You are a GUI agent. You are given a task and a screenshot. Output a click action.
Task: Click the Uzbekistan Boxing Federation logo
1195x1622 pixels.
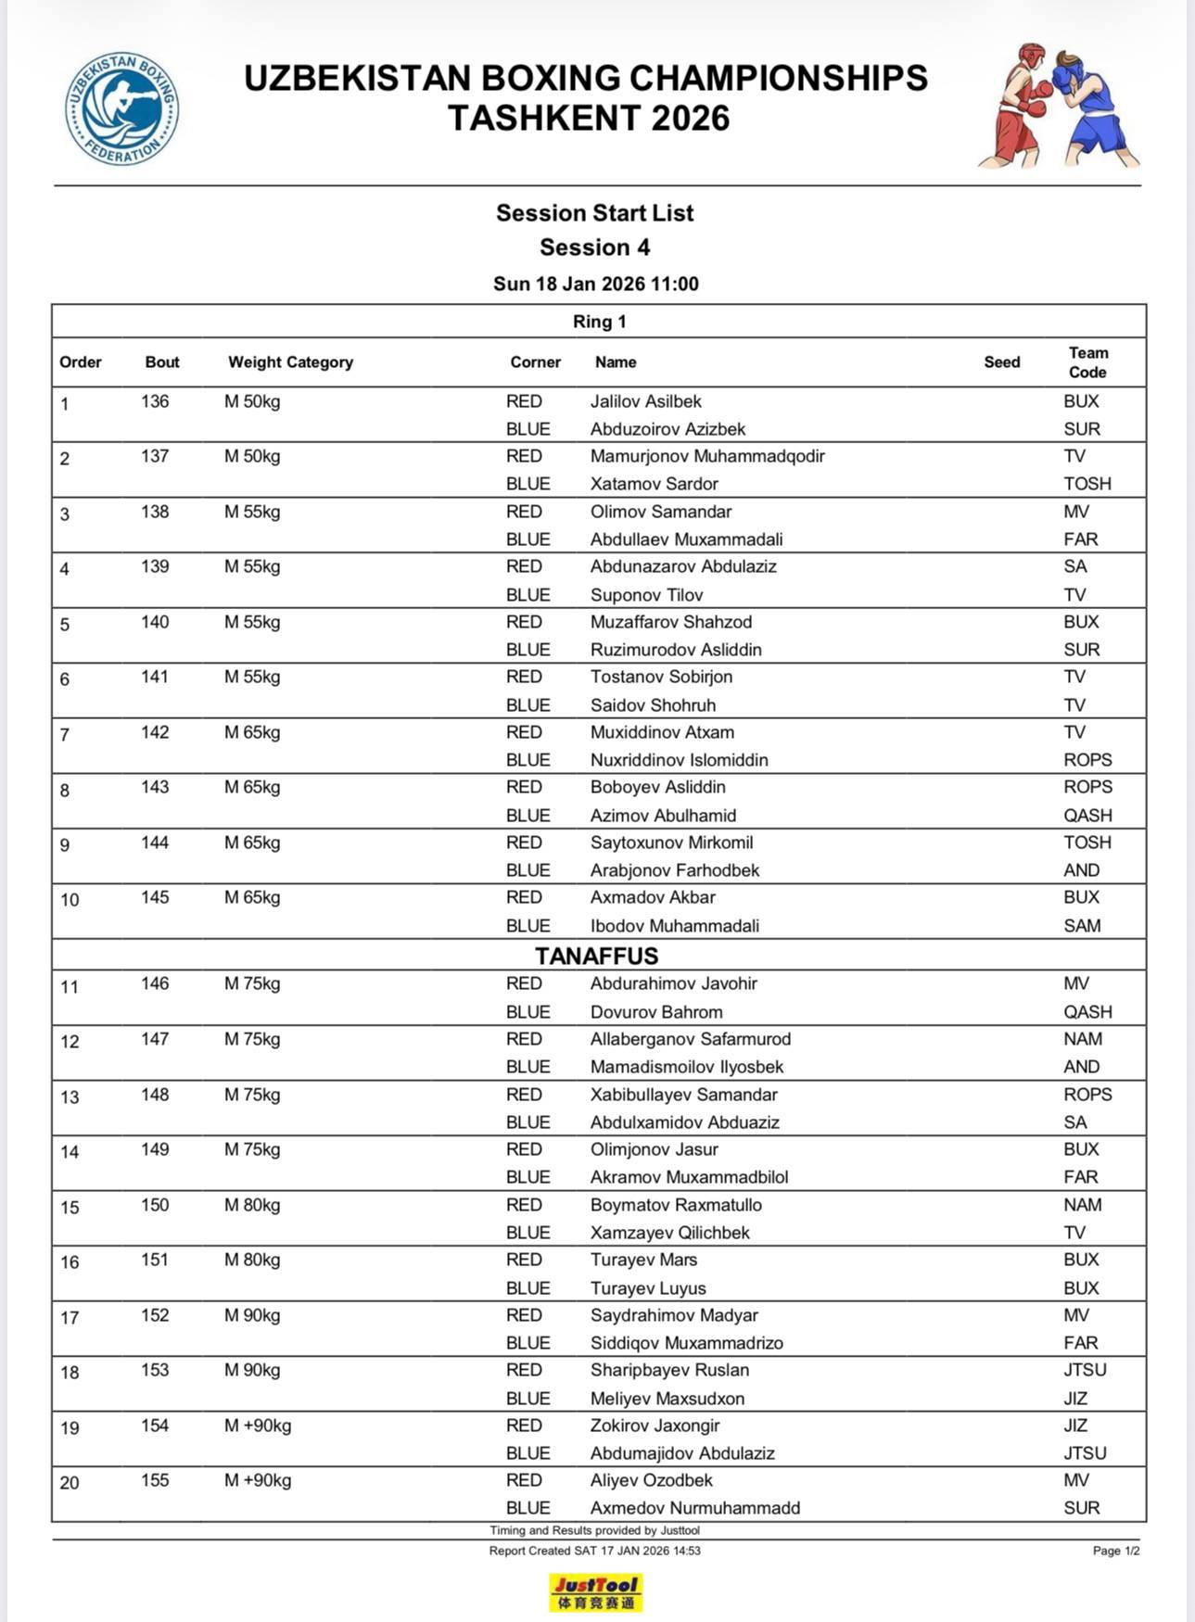pos(121,109)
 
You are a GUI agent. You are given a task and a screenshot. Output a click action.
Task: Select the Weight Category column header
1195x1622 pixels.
pos(290,362)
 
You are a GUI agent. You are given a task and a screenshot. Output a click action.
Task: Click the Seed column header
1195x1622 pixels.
pos(1001,362)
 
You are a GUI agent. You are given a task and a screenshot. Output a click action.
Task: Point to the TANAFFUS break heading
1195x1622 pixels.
pos(596,956)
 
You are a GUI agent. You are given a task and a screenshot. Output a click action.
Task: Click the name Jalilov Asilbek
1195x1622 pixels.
pos(645,401)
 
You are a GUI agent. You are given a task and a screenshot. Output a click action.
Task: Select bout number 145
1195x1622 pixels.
pos(155,897)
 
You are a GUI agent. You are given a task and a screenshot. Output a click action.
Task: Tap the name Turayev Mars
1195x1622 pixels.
pos(643,1260)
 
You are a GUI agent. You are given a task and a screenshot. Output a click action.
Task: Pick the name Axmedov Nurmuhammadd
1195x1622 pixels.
pos(694,1508)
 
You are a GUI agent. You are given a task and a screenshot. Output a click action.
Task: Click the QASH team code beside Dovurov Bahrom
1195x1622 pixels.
pos(1087,1012)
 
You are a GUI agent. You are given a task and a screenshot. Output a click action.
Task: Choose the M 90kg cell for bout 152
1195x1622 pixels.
pos(251,1315)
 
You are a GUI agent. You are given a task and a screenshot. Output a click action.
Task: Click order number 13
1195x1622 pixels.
pos(70,1097)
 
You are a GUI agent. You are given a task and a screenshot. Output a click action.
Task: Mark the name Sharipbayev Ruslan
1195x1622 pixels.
pos(669,1370)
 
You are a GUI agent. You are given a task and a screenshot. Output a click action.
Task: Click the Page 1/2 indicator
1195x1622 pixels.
pos(1115,1551)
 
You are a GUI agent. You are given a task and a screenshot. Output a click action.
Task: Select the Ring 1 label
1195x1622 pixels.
pos(599,322)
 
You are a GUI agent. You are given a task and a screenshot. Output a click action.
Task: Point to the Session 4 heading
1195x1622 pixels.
pos(594,247)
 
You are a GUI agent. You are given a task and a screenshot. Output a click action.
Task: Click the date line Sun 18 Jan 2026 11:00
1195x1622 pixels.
pos(595,284)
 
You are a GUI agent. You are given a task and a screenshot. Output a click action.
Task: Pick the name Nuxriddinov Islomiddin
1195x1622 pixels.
pos(679,760)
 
